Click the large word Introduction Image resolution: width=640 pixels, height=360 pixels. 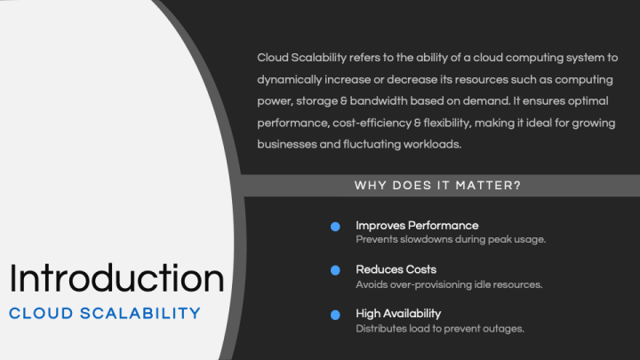pyautogui.click(x=116, y=279)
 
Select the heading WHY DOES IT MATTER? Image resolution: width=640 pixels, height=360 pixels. pyautogui.click(x=437, y=186)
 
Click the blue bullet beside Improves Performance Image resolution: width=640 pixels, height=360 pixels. pyautogui.click(x=335, y=227)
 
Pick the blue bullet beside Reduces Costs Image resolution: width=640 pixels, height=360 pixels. pyautogui.click(x=335, y=270)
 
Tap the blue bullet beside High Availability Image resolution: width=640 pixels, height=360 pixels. pyautogui.click(x=335, y=315)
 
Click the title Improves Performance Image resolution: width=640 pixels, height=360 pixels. pyautogui.click(x=417, y=225)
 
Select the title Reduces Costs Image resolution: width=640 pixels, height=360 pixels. pyautogui.click(x=396, y=269)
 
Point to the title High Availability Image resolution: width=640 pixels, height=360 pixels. pyautogui.click(x=398, y=313)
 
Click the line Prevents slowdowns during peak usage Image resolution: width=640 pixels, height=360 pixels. pyautogui.click(x=451, y=239)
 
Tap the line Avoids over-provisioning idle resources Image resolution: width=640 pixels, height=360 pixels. pyautogui.click(x=449, y=284)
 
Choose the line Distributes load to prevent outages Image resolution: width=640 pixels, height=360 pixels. pyautogui.click(x=440, y=328)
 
